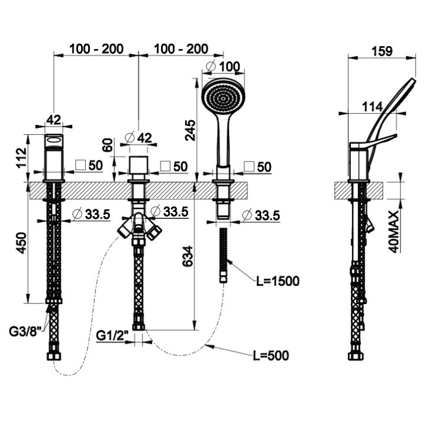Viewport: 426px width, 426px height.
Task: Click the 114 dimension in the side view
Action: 372,106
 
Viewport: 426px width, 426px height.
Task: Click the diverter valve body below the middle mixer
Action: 140,227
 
